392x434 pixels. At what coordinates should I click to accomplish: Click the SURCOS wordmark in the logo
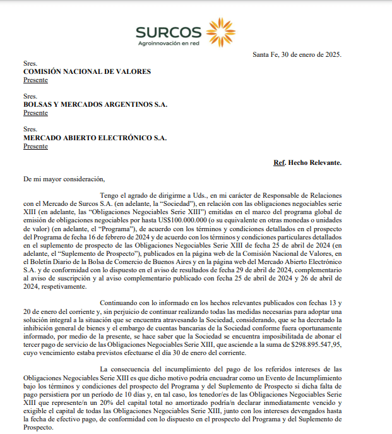click(168, 32)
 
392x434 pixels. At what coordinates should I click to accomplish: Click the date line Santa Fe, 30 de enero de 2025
click(297, 54)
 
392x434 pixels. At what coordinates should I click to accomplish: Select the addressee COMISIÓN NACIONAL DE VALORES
click(87, 71)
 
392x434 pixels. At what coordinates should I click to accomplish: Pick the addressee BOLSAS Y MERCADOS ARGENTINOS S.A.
click(95, 104)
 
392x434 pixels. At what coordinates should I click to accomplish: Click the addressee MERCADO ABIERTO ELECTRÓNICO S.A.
click(95, 137)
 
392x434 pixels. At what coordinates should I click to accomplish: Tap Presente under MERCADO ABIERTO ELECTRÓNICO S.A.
click(35, 146)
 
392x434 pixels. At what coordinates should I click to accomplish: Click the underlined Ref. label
click(280, 163)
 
